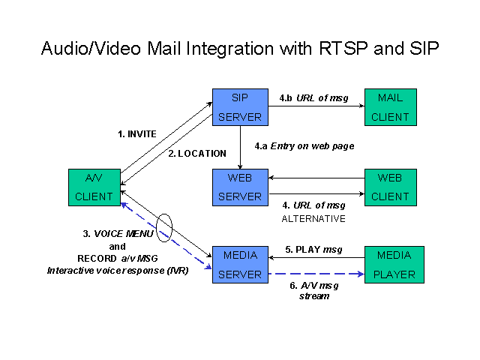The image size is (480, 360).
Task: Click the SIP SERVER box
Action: (240, 107)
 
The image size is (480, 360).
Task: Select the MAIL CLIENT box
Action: (391, 107)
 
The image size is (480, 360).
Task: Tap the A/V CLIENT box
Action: (94, 187)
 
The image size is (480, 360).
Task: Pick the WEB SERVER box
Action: (240, 187)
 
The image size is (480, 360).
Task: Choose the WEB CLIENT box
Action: (391, 187)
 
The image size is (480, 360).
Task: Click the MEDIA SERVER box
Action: (240, 265)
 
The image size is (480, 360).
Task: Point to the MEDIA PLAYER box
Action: (394, 265)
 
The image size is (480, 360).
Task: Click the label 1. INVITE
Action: (137, 134)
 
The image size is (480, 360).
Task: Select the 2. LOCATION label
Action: (197, 153)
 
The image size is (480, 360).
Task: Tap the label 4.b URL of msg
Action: (313, 98)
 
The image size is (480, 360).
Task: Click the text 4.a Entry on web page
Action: (304, 146)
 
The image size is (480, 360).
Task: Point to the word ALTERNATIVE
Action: (313, 218)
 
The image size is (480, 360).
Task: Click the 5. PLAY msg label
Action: (313, 250)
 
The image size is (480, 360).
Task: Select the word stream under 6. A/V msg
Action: (314, 296)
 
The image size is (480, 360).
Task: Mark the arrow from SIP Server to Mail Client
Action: (316, 106)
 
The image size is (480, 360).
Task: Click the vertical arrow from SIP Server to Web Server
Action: (240, 147)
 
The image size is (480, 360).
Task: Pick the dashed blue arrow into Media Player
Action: (316, 274)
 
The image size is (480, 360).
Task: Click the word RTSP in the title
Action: (343, 48)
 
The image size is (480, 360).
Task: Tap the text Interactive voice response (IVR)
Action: (118, 271)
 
